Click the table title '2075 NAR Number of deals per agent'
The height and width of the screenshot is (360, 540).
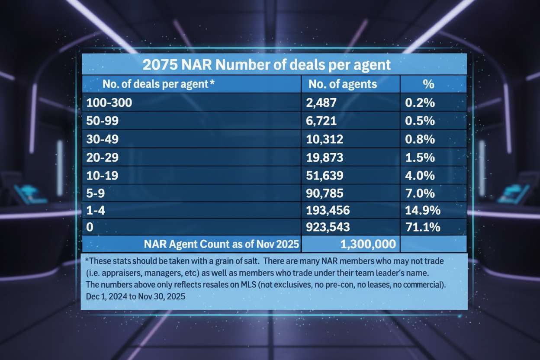267,65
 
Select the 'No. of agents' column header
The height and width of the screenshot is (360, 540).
343,84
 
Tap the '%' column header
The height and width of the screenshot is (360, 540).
428,84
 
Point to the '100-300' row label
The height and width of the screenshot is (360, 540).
109,103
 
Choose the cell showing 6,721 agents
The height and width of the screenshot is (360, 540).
322,121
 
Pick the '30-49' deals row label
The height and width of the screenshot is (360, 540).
103,139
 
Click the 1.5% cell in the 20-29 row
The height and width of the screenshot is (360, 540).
420,157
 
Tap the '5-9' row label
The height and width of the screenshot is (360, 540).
96,193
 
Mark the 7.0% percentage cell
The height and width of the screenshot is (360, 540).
420,193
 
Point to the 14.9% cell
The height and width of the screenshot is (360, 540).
423,211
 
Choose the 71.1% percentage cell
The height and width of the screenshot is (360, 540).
423,227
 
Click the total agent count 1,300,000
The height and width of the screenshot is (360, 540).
368,244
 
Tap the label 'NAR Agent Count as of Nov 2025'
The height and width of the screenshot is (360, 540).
222,244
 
